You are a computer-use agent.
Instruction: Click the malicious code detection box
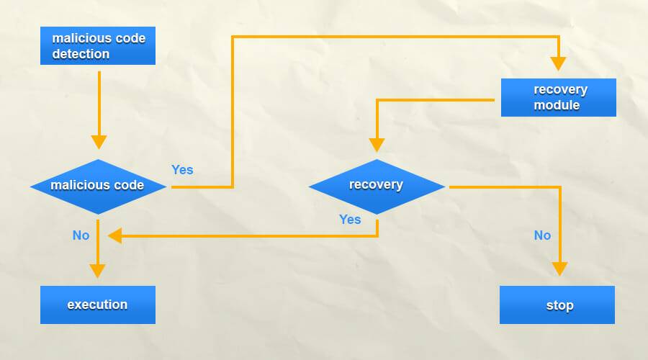(x=97, y=45)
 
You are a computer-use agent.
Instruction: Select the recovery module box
(x=558, y=97)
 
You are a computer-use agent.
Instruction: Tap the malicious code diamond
(x=98, y=186)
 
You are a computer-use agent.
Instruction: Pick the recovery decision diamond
(x=377, y=186)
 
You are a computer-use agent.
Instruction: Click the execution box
(x=97, y=305)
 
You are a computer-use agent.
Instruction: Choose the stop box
(x=558, y=305)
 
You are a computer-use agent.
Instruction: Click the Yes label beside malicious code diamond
(x=182, y=170)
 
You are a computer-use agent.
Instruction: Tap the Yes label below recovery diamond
(x=350, y=219)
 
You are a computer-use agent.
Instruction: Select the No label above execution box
(x=81, y=235)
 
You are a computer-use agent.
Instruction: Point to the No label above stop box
(x=542, y=235)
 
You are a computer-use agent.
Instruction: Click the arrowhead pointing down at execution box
(x=98, y=271)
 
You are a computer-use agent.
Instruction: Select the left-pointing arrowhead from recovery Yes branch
(x=114, y=235)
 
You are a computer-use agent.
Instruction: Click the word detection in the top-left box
(x=81, y=54)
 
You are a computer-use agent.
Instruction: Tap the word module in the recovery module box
(x=557, y=105)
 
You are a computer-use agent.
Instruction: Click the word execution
(x=97, y=305)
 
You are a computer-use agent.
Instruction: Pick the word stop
(x=559, y=305)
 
